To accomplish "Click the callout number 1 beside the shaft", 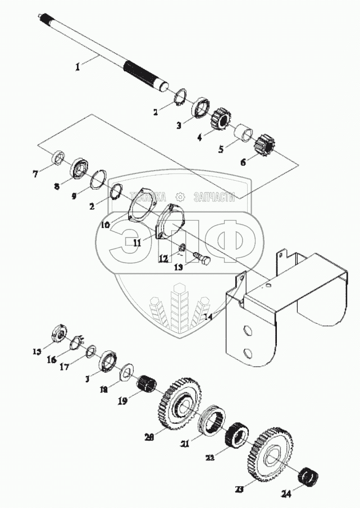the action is (78, 66).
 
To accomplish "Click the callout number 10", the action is (106, 223).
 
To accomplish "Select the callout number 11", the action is (135, 243).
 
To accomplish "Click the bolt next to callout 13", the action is (202, 259).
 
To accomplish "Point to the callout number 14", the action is (208, 317).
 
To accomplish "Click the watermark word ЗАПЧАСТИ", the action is (213, 196).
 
